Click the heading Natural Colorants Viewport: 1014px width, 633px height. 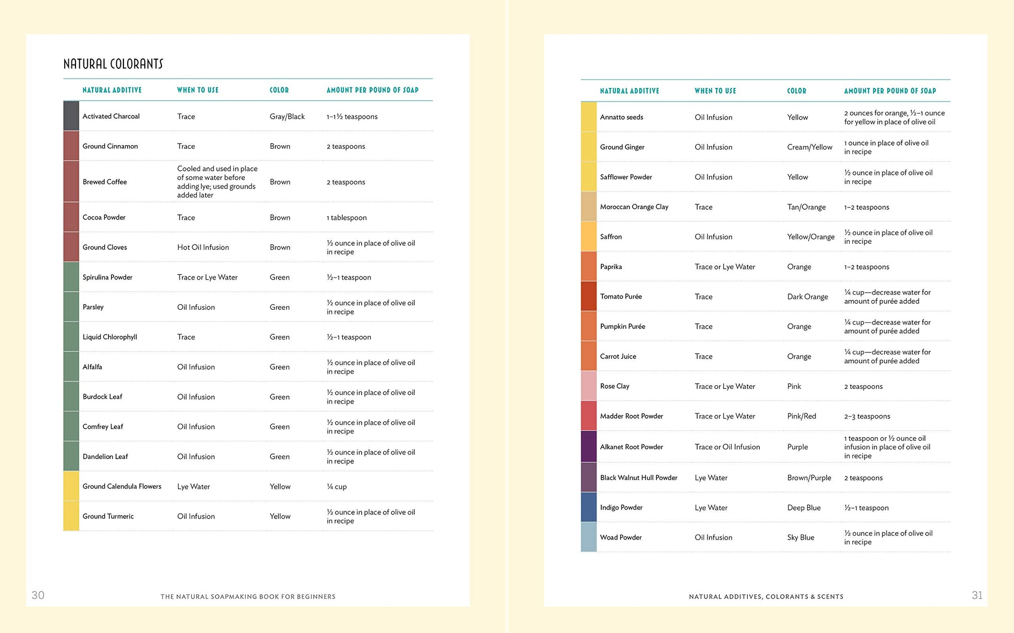pyautogui.click(x=113, y=64)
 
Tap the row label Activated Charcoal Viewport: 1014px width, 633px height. pyautogui.click(x=111, y=116)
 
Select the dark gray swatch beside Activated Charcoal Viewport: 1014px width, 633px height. pyautogui.click(x=71, y=116)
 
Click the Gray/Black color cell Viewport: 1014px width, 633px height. pyautogui.click(x=287, y=117)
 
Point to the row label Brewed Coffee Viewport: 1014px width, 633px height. pyautogui.click(x=105, y=182)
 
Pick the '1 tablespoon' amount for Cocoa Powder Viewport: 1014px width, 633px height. pyautogui.click(x=347, y=218)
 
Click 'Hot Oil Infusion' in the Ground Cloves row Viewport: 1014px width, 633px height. pyautogui.click(x=203, y=247)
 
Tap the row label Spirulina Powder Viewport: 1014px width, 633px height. pyautogui.click(x=107, y=277)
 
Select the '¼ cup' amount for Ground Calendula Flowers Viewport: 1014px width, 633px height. pyautogui.click(x=337, y=487)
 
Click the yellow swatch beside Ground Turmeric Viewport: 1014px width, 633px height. pyautogui.click(x=71, y=516)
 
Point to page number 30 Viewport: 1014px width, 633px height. pyautogui.click(x=38, y=595)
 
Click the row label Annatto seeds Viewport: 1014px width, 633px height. pyautogui.click(x=621, y=117)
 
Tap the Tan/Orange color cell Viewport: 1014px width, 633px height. pyautogui.click(x=806, y=207)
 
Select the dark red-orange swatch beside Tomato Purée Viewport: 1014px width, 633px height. pyautogui.click(x=588, y=296)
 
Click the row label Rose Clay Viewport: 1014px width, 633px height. pyautogui.click(x=614, y=386)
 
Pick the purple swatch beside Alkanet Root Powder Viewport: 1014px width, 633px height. pyautogui.click(x=588, y=447)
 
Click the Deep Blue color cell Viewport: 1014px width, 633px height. pyautogui.click(x=803, y=508)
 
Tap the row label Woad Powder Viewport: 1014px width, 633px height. pyautogui.click(x=621, y=537)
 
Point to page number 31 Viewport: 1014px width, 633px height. pyautogui.click(x=977, y=595)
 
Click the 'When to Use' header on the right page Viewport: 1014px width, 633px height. pyautogui.click(x=715, y=91)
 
